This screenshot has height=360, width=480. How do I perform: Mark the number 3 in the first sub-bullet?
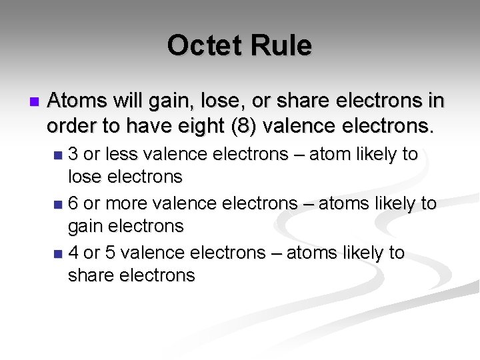coord(74,155)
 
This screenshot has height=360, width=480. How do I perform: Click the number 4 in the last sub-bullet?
coord(74,253)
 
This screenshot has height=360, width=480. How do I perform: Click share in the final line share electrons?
coord(93,275)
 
